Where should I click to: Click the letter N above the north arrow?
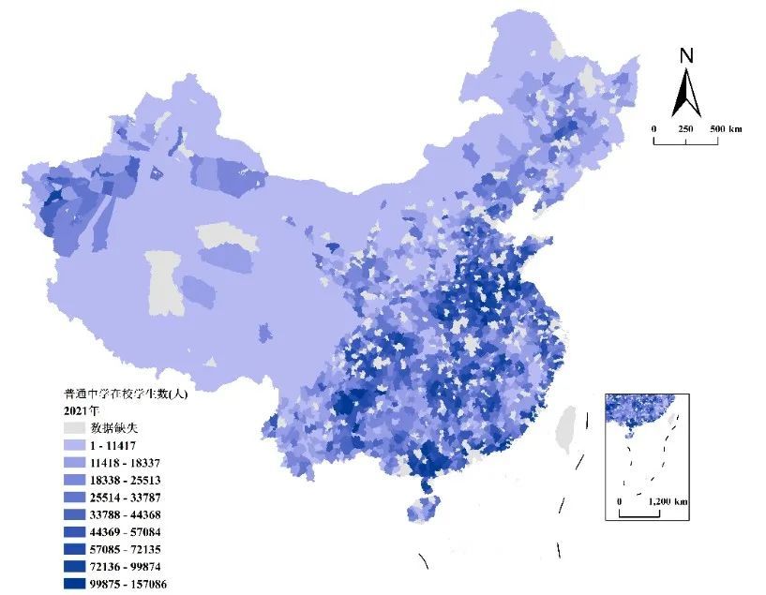[686, 55]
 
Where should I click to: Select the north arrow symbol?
[686, 92]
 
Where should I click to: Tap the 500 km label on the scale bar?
[725, 128]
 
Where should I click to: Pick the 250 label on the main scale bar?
[685, 128]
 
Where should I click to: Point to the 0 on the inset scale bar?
[620, 502]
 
